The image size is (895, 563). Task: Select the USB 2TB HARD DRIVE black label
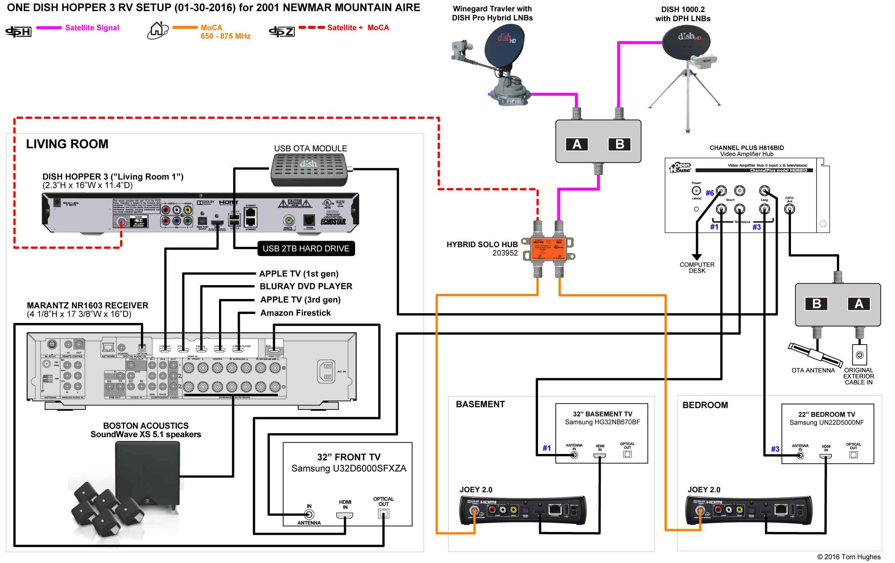pos(306,248)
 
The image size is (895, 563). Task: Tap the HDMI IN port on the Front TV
pos(345,515)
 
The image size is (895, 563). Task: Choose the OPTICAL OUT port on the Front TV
pos(383,513)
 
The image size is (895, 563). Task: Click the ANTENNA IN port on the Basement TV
pos(574,455)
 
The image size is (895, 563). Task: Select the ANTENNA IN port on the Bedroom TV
pos(800,455)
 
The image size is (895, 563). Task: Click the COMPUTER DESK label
pos(697,268)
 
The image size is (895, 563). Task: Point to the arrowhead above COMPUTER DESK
pos(697,257)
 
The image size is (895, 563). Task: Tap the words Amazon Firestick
pos(296,313)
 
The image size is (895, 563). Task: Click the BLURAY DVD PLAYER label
pos(306,286)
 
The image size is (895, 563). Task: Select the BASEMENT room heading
pos(480,404)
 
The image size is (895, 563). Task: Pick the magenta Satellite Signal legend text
pos(92,28)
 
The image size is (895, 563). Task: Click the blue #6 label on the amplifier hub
pos(710,193)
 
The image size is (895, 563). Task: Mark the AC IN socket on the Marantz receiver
pos(326,371)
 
